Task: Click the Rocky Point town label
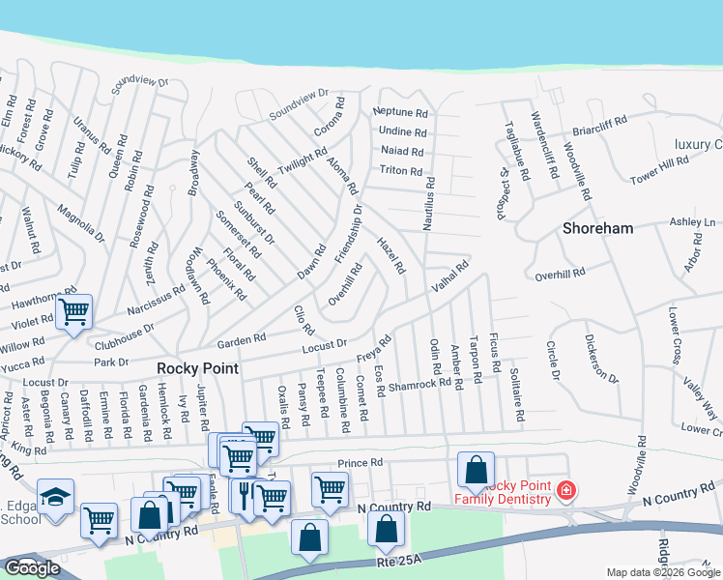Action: (x=197, y=368)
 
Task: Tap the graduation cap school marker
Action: (x=56, y=498)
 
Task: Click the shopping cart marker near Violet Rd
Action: (x=73, y=312)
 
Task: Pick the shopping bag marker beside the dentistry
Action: (x=476, y=471)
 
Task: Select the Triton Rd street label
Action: (x=400, y=171)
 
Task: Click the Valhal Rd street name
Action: (x=449, y=275)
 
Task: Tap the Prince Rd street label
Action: (x=361, y=463)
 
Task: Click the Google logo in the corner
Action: (x=32, y=568)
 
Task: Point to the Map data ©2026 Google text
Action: (x=663, y=572)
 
